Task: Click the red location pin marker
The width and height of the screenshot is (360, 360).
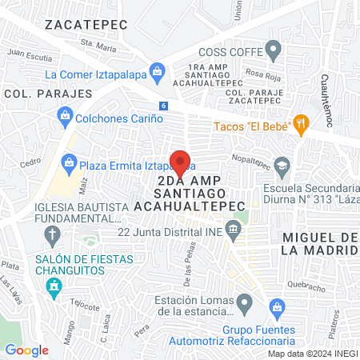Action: point(180,162)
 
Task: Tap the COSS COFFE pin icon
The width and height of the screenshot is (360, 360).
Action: point(274,52)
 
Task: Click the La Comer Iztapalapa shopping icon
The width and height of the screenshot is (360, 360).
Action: point(158,74)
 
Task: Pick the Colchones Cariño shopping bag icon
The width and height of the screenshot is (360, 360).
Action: point(65,118)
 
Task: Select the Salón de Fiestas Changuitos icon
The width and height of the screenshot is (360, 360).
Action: point(54,288)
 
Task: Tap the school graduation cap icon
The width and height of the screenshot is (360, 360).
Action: point(281,166)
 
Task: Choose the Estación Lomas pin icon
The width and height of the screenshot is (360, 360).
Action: point(245,303)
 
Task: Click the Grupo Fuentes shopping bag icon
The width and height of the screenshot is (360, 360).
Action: point(277,306)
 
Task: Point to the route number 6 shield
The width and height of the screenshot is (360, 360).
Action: point(163,106)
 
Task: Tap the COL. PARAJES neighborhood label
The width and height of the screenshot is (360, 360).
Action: point(37,94)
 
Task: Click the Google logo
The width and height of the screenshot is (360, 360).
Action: point(26,350)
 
